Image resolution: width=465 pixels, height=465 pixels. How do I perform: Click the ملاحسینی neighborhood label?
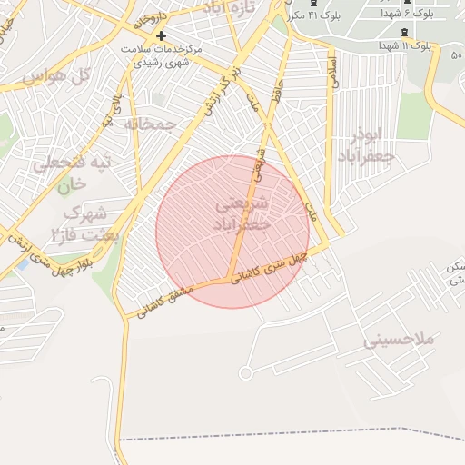[401, 341]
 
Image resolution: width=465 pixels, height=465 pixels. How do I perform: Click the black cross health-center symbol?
[161, 35]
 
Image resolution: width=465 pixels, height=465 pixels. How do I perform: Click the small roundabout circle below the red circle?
[244, 373]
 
